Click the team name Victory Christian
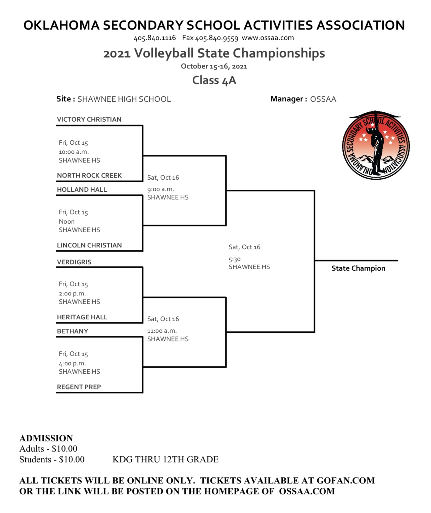coord(89,120)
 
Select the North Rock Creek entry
coord(89,176)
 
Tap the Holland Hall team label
coord(82,189)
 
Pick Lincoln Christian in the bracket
coord(89,245)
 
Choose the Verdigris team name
coord(74,262)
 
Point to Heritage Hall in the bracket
coord(82,317)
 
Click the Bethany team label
coord(73,331)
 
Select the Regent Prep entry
coord(79,387)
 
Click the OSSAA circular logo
coord(376,145)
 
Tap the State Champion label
coord(358,268)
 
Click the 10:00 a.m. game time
coord(74,152)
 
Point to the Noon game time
coord(66,221)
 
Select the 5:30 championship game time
coord(234,259)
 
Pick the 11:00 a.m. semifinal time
coord(162,331)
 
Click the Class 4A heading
coord(214,80)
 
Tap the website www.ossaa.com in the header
coord(268,38)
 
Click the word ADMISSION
coord(46,438)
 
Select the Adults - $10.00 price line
coord(48,449)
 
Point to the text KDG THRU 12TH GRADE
coord(165,459)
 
